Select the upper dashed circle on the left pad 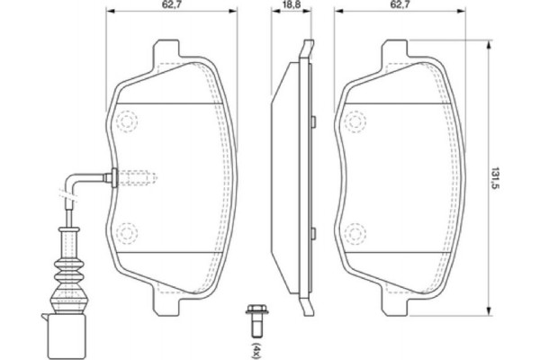coord(127,118)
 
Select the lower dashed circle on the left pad coord(127,233)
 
